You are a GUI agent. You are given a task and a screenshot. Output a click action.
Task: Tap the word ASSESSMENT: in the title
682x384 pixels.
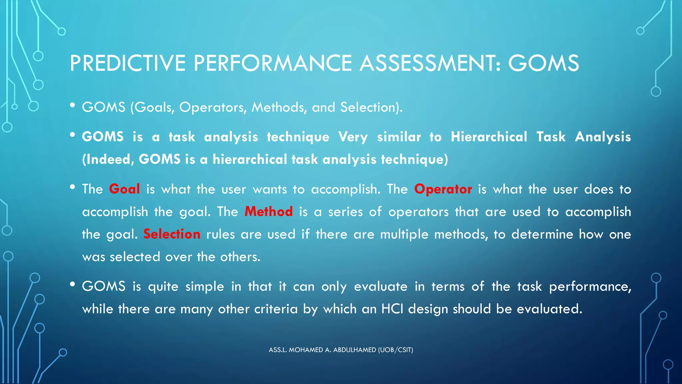(x=430, y=63)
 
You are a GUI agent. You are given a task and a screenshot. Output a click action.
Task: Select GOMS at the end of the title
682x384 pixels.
(x=543, y=63)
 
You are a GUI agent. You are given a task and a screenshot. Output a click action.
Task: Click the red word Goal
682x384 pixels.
(x=124, y=189)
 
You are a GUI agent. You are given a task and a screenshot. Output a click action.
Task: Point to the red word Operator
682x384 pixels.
(x=443, y=189)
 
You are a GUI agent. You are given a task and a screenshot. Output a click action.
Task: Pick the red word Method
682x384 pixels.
(x=268, y=212)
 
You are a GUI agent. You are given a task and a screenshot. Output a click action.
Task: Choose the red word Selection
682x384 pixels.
(x=172, y=234)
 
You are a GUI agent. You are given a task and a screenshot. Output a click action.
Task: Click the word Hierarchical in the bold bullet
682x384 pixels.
(x=489, y=137)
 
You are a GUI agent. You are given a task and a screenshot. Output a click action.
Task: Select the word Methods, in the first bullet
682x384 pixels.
(x=279, y=107)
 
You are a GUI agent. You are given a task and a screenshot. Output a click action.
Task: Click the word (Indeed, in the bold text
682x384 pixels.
(x=108, y=159)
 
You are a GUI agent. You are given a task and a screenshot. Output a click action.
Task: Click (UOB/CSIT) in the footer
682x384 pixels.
(x=396, y=350)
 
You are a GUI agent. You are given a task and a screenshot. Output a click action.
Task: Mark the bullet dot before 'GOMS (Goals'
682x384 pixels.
(x=72, y=105)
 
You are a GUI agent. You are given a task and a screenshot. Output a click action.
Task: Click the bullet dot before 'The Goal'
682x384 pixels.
(x=72, y=187)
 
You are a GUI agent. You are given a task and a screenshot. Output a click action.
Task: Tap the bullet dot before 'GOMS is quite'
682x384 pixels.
(x=72, y=284)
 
